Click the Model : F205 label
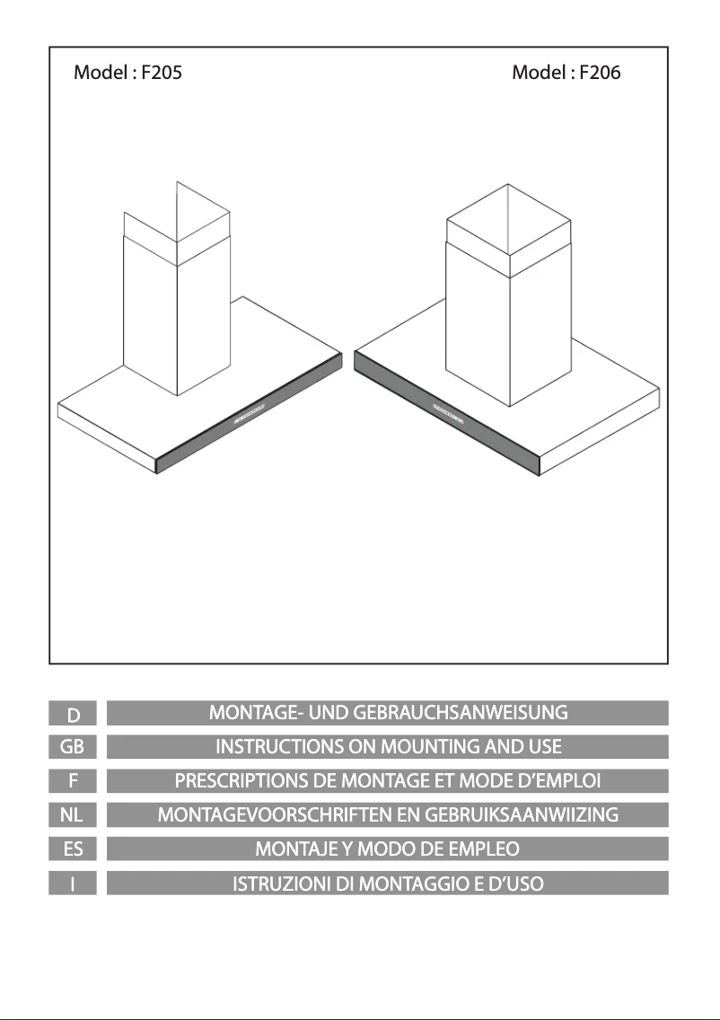click(127, 72)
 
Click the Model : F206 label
click(566, 72)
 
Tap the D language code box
click(73, 713)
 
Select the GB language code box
click(73, 747)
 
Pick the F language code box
click(73, 780)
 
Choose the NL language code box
click(73, 815)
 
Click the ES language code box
click(73, 849)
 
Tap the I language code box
click(73, 884)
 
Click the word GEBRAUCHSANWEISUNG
click(461, 713)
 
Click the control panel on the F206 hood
click(450, 413)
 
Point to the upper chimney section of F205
click(177, 224)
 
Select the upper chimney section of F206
click(509, 231)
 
